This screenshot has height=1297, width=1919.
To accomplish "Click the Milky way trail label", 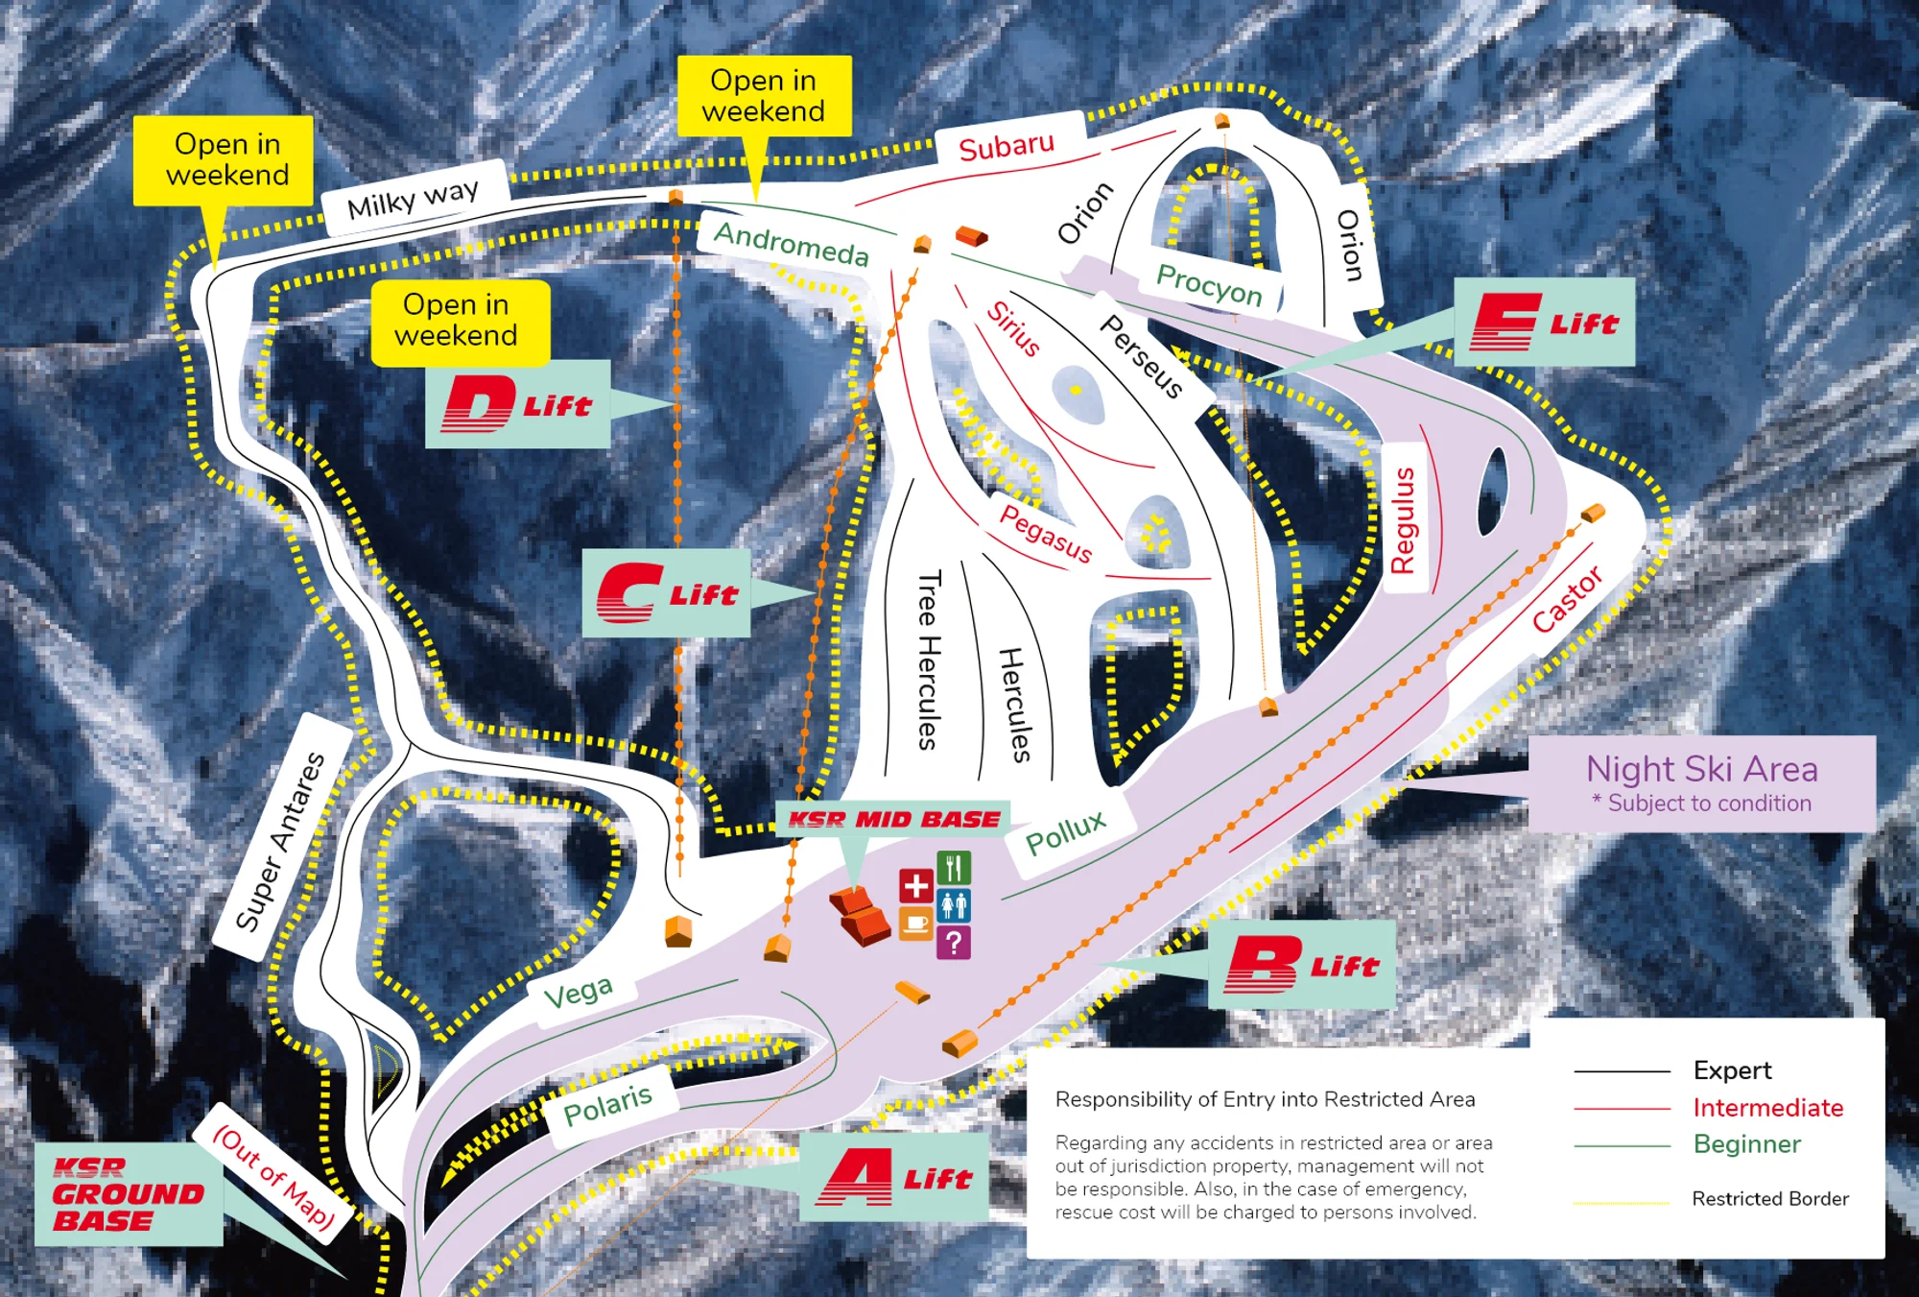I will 413,198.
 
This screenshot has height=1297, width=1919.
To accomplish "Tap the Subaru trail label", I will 1007,146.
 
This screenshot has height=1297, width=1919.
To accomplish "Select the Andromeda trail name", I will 792,242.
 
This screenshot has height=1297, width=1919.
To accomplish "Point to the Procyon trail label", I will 1209,284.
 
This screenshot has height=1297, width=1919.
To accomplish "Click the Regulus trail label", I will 1404,520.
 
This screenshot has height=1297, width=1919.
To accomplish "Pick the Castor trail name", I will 1567,599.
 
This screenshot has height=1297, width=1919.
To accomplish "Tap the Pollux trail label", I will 1066,832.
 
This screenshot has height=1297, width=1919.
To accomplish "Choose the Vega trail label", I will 578,993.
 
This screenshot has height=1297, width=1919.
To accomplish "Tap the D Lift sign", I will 518,404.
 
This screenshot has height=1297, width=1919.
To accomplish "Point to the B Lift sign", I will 1301,965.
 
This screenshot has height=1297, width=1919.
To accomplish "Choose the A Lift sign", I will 894,1177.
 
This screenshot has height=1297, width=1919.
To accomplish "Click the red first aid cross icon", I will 915,886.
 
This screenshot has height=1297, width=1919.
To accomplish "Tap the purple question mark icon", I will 954,943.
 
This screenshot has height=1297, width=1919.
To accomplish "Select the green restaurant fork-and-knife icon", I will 954,868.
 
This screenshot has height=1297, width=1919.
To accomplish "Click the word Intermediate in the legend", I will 1767,1107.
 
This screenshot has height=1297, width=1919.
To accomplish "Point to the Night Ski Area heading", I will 1701,769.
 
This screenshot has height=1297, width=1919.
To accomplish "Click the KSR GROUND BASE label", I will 128,1194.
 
